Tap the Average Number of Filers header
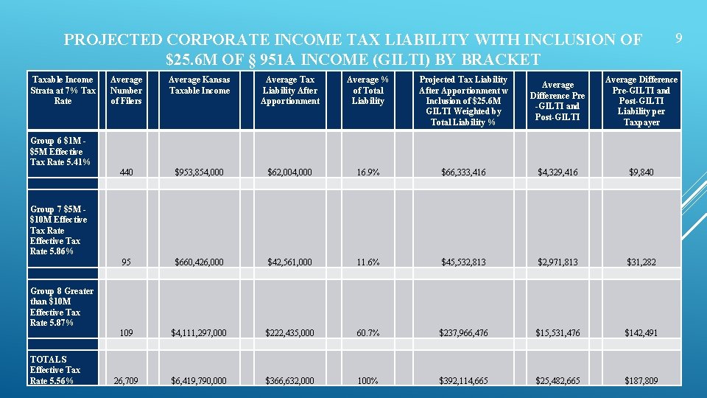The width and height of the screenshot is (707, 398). (x=126, y=90)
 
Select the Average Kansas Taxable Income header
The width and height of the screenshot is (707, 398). (x=199, y=85)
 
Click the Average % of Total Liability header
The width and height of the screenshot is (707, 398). (x=367, y=90)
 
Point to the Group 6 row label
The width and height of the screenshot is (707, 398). (x=60, y=151)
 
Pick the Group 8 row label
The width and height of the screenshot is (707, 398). (x=62, y=307)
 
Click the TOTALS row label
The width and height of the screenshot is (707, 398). (x=55, y=370)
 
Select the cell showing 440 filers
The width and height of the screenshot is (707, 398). (x=126, y=172)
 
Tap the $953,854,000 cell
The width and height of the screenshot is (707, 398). (x=200, y=172)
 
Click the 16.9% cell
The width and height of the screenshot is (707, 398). (x=367, y=172)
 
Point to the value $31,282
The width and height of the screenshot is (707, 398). (x=641, y=262)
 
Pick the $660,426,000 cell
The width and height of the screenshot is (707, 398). (x=200, y=262)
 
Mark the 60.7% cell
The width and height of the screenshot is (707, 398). (x=367, y=333)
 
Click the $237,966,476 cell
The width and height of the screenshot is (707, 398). (x=464, y=333)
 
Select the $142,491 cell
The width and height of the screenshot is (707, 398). (x=641, y=333)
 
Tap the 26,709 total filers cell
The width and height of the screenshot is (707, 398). (x=126, y=381)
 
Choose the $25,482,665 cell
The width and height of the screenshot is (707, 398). (x=557, y=381)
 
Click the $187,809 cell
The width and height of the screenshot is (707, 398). (x=641, y=381)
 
